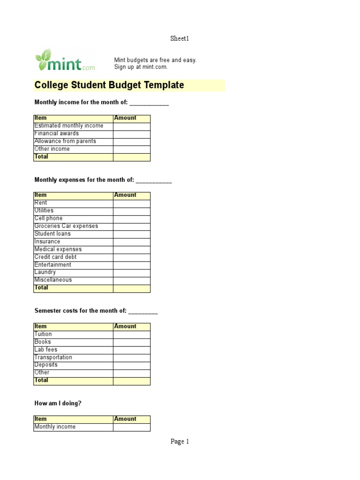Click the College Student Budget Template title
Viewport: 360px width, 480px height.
[109, 85]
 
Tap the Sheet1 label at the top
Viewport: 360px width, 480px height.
[180, 39]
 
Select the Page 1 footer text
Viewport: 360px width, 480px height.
[180, 442]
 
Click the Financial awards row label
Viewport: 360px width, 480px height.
[57, 134]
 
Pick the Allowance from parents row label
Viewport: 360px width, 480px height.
[65, 141]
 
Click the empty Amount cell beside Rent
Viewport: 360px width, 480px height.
[132, 203]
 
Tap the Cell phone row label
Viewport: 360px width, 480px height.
[48, 218]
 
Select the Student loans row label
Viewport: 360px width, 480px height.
[52, 234]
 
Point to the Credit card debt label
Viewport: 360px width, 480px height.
[55, 257]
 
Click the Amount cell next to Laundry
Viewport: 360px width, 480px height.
[132, 272]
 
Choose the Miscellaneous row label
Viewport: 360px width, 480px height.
[53, 280]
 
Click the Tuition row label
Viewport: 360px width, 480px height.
[43, 334]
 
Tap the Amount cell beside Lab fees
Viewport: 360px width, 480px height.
[132, 350]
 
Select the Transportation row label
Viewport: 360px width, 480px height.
[53, 357]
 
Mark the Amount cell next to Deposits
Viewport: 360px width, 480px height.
[132, 365]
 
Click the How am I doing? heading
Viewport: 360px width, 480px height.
[58, 403]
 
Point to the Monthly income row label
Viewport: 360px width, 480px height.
[55, 427]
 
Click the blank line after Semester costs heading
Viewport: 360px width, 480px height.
[143, 312]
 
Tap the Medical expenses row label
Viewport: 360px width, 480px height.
[58, 249]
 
